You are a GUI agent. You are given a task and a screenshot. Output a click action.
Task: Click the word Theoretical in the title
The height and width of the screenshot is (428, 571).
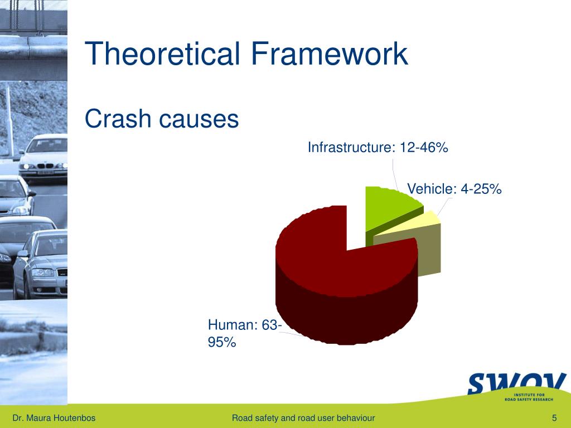(162, 53)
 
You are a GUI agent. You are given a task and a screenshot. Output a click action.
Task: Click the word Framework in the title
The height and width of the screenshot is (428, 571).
(330, 53)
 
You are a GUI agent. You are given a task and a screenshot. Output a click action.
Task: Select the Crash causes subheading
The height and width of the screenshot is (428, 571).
(161, 119)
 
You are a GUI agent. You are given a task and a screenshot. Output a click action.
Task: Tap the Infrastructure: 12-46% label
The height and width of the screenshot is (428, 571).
(378, 147)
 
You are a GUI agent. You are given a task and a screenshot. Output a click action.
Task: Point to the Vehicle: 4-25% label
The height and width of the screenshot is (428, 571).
(454, 189)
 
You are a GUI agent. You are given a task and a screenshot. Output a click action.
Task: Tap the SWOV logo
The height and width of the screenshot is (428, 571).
(517, 384)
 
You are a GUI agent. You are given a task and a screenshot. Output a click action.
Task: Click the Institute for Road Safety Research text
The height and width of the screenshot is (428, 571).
(529, 397)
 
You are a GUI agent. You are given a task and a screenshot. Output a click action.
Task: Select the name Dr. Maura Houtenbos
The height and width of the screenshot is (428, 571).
(54, 418)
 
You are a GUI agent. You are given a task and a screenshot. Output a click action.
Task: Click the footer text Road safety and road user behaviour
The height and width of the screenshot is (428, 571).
(303, 418)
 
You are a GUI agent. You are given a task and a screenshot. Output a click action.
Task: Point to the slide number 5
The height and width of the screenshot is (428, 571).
(554, 418)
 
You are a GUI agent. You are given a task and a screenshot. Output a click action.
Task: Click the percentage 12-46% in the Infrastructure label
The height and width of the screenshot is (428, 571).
(424, 147)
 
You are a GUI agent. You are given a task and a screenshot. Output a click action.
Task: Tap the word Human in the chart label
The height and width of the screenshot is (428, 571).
(230, 325)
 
